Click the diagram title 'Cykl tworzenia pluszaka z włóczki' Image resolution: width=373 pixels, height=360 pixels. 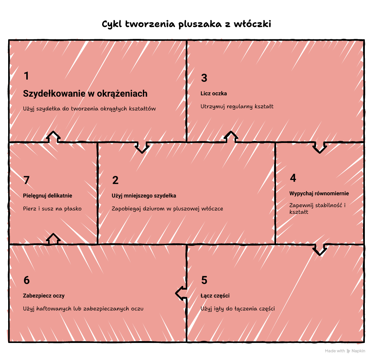tap(186, 24)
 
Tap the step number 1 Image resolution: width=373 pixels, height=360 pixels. tap(26, 76)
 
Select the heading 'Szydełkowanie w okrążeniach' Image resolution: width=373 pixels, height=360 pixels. tap(85, 94)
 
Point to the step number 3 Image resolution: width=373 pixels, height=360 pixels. tap(204, 78)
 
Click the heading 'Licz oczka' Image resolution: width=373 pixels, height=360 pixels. tap(214, 93)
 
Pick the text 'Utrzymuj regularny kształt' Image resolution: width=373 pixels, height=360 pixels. tap(237, 106)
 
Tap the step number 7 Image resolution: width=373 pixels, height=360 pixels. tap(26, 180)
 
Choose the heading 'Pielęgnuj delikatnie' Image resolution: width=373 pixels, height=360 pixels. tap(48, 196)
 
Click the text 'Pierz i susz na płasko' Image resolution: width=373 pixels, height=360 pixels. tap(52, 209)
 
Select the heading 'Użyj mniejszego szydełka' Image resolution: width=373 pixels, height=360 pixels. tap(144, 196)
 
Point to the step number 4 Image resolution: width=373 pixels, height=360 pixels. tap(293, 178)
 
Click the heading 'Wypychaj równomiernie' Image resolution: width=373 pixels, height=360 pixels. tap(319, 193)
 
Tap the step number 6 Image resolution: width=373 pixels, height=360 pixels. tap(27, 280)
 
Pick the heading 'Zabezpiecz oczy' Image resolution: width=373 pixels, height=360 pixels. tap(44, 296)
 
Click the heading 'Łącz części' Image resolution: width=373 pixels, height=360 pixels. tap(215, 296)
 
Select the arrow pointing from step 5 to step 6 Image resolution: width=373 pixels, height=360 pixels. tap(181, 293)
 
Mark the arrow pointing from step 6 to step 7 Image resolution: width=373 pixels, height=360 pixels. tap(53, 239)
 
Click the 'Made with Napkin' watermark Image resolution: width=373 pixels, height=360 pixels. tap(345, 351)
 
